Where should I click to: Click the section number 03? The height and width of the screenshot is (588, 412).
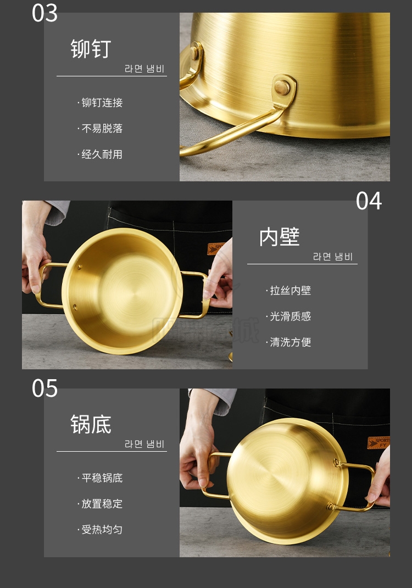pyautogui.click(x=44, y=13)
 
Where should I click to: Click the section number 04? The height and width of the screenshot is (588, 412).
pyautogui.click(x=369, y=201)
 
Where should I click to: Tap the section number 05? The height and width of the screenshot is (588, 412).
pyautogui.click(x=44, y=388)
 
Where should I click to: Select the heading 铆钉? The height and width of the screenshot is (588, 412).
pyautogui.click(x=91, y=49)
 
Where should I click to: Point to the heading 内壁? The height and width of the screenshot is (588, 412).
pyautogui.click(x=279, y=237)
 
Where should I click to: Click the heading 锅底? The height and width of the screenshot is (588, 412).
pyautogui.click(x=91, y=424)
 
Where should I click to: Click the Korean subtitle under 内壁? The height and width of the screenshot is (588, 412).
pyautogui.click(x=333, y=257)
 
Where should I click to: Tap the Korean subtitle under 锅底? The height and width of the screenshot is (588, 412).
pyautogui.click(x=144, y=444)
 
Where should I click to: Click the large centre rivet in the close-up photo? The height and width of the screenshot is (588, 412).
pyautogui.click(x=282, y=88)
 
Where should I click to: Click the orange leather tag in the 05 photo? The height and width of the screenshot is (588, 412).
pyautogui.click(x=378, y=443)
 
